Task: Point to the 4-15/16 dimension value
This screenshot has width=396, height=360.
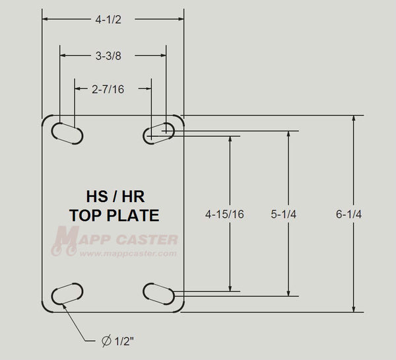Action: tap(226, 214)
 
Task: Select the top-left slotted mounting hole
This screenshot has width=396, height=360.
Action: tap(66, 132)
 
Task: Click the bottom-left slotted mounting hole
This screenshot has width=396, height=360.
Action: tap(66, 293)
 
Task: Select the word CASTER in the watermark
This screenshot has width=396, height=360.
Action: tap(144, 238)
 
